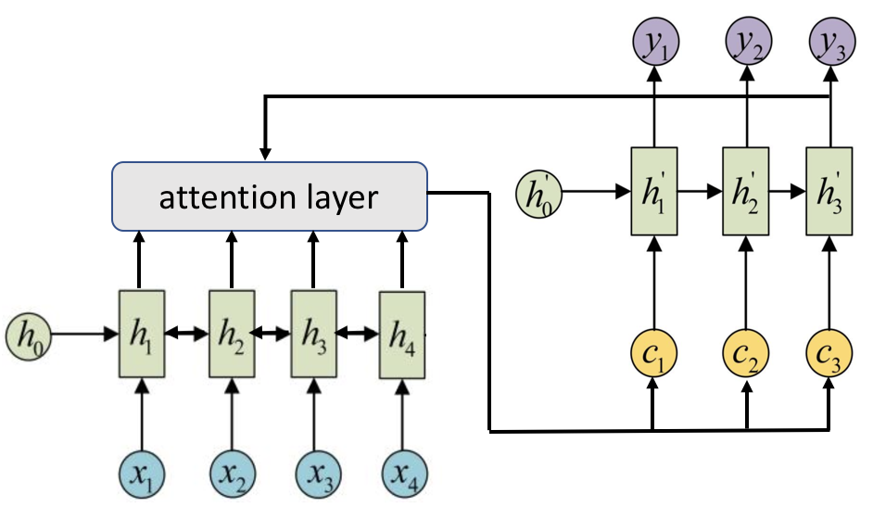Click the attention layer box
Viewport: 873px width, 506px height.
pyautogui.click(x=269, y=196)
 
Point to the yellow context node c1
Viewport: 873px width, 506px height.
pyautogui.click(x=655, y=352)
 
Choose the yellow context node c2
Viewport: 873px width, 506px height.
pyautogui.click(x=747, y=352)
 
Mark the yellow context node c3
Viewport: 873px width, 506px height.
pyautogui.click(x=828, y=352)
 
